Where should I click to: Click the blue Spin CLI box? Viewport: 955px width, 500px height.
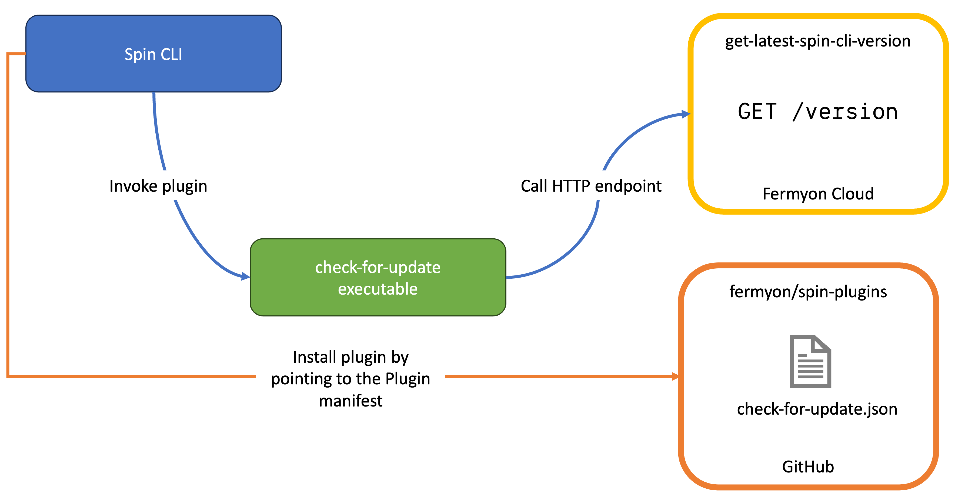click(153, 54)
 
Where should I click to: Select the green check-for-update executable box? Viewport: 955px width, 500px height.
click(378, 277)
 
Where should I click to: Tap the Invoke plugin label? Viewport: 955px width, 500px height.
click(158, 186)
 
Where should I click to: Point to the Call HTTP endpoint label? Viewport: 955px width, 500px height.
click(591, 186)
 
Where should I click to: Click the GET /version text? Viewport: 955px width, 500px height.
click(818, 112)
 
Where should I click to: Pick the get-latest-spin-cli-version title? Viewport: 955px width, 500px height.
click(818, 41)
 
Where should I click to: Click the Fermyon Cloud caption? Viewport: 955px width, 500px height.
click(818, 194)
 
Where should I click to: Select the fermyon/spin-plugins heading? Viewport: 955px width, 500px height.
click(808, 292)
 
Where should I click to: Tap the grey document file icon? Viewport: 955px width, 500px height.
click(810, 361)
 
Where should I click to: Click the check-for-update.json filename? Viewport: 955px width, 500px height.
click(817, 409)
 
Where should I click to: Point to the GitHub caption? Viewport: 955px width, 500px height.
click(808, 467)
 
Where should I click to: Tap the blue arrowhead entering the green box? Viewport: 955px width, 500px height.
click(245, 276)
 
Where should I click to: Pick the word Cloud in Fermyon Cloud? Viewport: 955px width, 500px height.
click(852, 194)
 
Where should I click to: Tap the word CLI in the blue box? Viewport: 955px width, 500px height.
click(171, 55)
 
